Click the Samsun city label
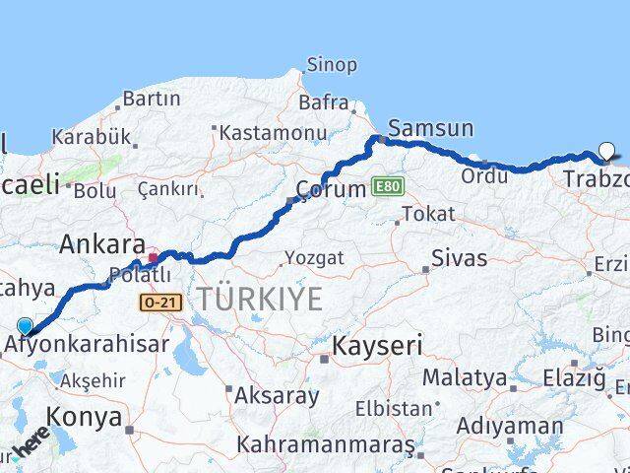[x=430, y=128]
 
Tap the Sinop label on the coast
[x=332, y=65]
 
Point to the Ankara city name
[x=102, y=243]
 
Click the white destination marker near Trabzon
[x=606, y=152]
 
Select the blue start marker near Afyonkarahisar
[x=25, y=326]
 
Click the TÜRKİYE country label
[x=260, y=298]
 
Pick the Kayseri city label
[x=377, y=346]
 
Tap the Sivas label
[x=460, y=259]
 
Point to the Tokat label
[x=429, y=214]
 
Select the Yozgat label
[x=314, y=258]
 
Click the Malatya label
[x=465, y=377]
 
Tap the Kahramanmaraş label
[x=326, y=445]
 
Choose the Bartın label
[x=151, y=99]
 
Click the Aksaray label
[x=277, y=396]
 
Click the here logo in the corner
[x=30, y=446]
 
